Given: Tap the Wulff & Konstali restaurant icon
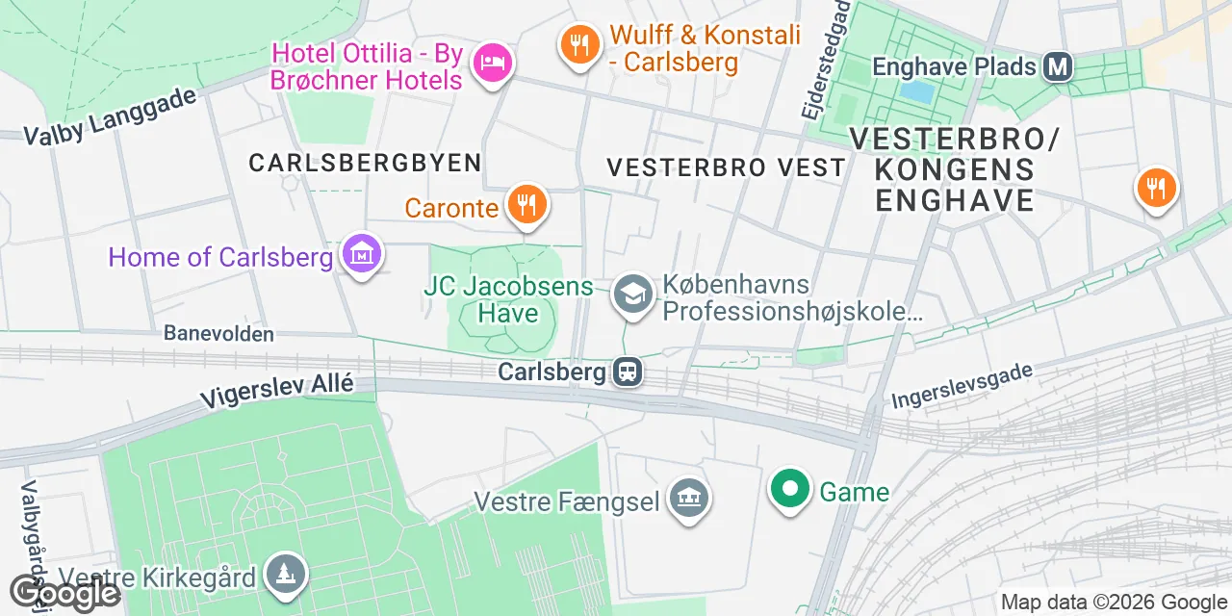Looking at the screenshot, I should click(x=578, y=44).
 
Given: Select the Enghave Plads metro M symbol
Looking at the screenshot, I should click(x=1060, y=66).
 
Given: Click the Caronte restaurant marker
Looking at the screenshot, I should click(x=526, y=205).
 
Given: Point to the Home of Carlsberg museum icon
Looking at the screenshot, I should click(x=362, y=256).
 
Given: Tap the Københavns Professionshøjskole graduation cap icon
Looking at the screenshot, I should click(x=632, y=295).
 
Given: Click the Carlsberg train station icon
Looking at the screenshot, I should click(x=628, y=372).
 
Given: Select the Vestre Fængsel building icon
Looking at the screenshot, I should click(x=689, y=499).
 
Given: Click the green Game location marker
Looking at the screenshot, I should click(x=789, y=490).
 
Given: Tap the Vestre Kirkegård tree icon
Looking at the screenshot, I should click(x=287, y=575).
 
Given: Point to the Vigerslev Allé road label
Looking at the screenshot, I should click(x=276, y=390).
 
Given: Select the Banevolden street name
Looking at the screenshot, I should click(x=218, y=334).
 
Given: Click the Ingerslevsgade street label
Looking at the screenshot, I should click(x=962, y=387).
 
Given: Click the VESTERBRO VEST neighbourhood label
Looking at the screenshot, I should click(x=726, y=167).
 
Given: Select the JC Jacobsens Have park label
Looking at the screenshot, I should click(x=508, y=298).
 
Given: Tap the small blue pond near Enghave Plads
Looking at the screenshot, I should click(x=918, y=91).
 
